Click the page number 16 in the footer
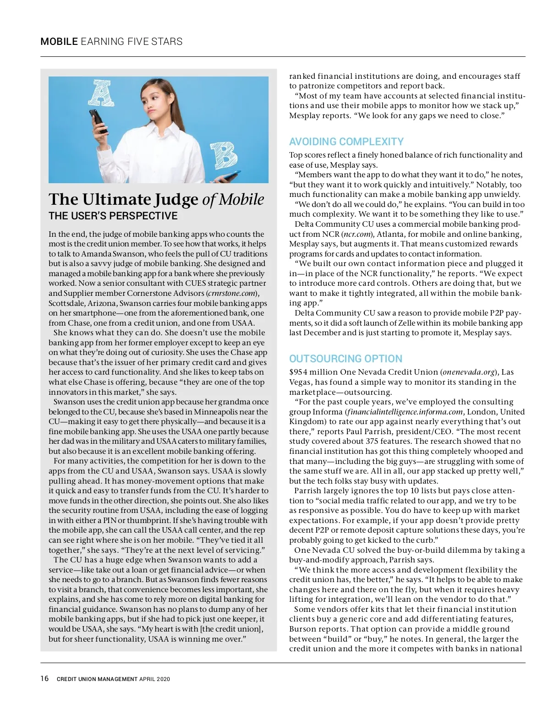tap(44, 678)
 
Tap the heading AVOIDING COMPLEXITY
tap(346, 142)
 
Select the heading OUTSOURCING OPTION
tap(346, 359)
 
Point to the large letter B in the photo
tap(224, 155)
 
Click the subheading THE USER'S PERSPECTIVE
tap(113, 216)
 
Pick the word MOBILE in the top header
tap(59, 42)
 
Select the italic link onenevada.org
tap(469, 372)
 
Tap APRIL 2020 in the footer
tap(154, 679)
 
